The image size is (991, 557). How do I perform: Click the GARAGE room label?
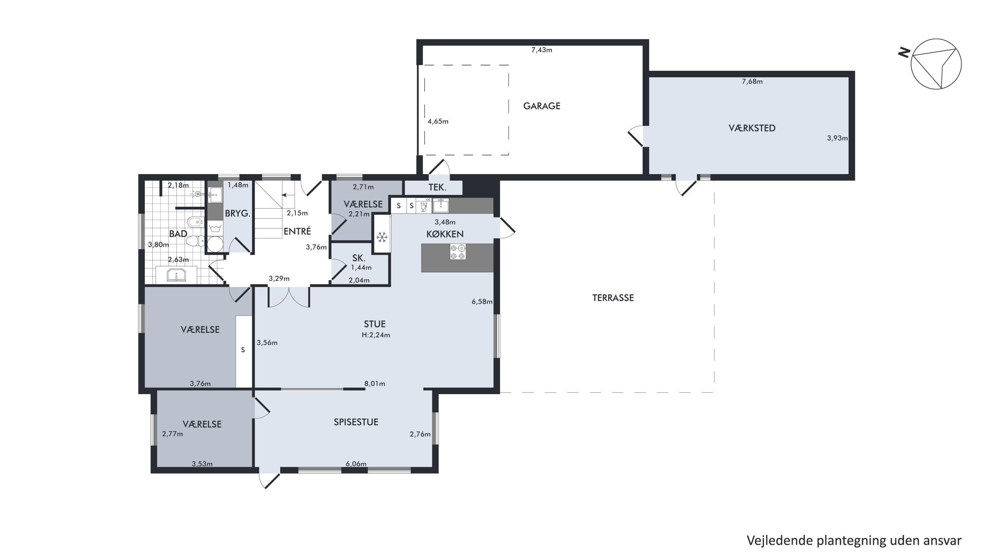pyautogui.click(x=542, y=106)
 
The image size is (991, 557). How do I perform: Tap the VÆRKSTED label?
pyautogui.click(x=752, y=128)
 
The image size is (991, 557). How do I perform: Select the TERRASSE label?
pyautogui.click(x=613, y=298)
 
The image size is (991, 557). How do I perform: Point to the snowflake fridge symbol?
pyautogui.click(x=382, y=237)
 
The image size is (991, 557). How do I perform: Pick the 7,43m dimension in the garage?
pyautogui.click(x=542, y=50)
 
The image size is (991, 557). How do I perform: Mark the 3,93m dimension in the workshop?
pyautogui.click(x=837, y=138)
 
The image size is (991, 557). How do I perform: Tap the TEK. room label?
pyautogui.click(x=438, y=188)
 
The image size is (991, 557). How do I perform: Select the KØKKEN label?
pyautogui.click(x=445, y=234)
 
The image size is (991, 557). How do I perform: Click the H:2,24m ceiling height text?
pyautogui.click(x=376, y=335)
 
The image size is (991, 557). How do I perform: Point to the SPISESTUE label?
pyautogui.click(x=356, y=422)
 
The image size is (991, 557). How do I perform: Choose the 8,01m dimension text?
pyautogui.click(x=375, y=384)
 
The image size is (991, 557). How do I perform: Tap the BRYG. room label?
pyautogui.click(x=238, y=213)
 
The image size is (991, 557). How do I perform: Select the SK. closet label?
pyautogui.click(x=359, y=258)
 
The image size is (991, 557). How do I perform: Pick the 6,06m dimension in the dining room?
pyautogui.click(x=356, y=464)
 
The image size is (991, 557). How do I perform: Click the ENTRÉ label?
pyautogui.click(x=297, y=231)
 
